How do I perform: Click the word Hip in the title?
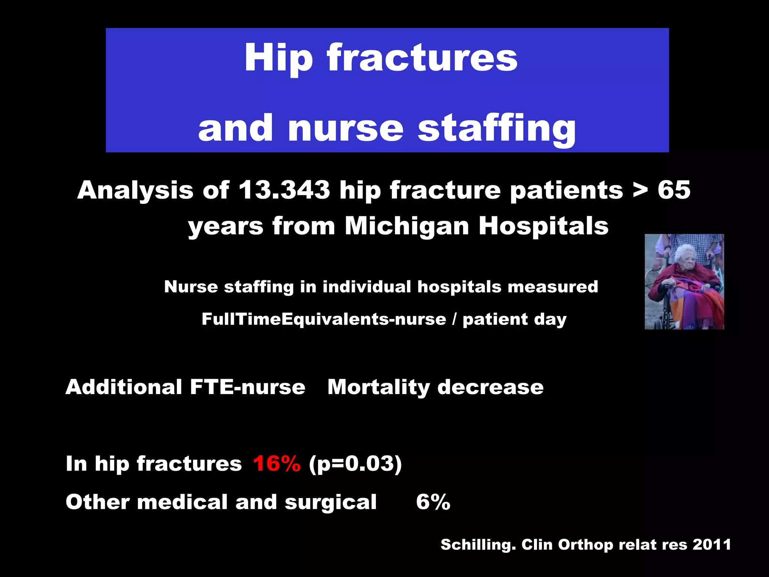click(x=278, y=58)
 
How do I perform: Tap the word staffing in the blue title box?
click(x=496, y=129)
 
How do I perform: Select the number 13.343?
click(x=284, y=190)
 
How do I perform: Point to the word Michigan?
click(x=407, y=227)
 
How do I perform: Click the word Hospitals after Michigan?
click(x=543, y=226)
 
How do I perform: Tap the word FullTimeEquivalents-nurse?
click(x=324, y=319)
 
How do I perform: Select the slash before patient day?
click(x=454, y=319)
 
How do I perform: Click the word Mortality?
click(x=378, y=387)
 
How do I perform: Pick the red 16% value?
click(x=277, y=464)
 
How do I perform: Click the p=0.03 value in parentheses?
click(x=355, y=464)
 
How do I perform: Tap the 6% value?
click(x=433, y=502)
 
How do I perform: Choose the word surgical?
click(x=330, y=502)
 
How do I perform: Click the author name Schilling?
click(x=478, y=545)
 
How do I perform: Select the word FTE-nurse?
click(x=247, y=387)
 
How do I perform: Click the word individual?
click(x=367, y=287)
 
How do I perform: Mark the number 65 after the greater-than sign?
click(x=674, y=190)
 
